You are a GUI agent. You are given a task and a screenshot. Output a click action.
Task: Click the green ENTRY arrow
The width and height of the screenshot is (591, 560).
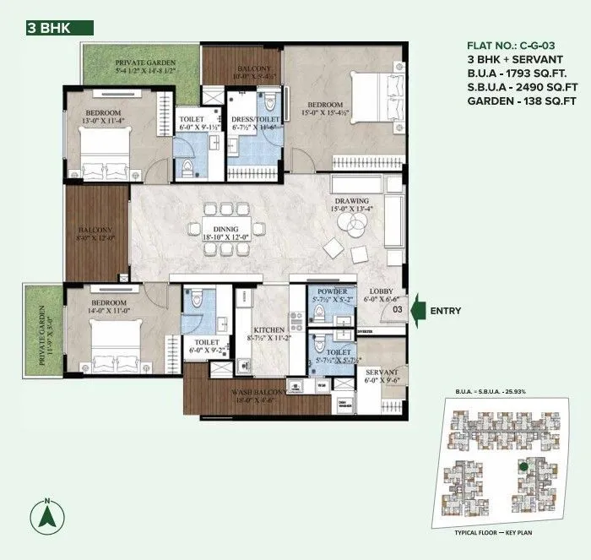tap(418, 311)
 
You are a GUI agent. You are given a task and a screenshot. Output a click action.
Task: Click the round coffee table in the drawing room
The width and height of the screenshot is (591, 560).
tap(349, 221)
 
